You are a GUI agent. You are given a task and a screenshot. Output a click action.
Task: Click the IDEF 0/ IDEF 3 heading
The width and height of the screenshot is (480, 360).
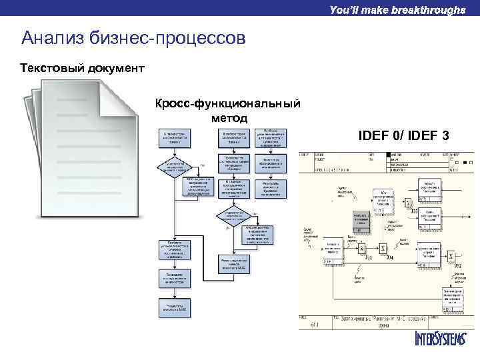[x=404, y=136]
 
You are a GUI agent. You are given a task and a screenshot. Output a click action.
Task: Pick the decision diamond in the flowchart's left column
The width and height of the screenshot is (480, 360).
[x=173, y=166]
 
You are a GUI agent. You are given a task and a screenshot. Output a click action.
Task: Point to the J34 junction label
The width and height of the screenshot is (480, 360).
[x=390, y=258]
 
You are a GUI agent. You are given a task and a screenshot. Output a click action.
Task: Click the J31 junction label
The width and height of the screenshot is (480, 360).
[x=369, y=258]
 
